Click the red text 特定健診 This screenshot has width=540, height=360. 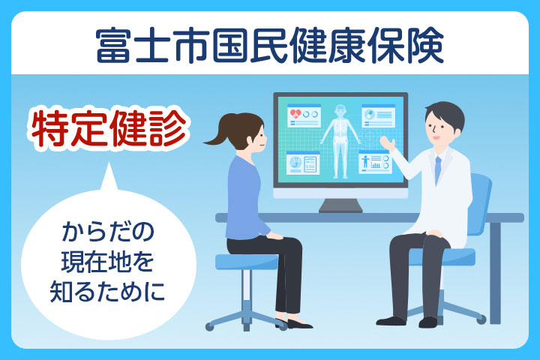[109, 128]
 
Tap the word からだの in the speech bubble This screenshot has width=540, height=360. [108, 232]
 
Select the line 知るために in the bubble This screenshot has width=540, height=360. [107, 292]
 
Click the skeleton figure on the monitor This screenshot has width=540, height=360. [340, 142]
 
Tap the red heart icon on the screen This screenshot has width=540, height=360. [295, 113]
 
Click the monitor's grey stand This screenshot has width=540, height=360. [340, 205]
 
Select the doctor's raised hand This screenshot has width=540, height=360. [388, 142]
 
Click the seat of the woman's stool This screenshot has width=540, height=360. [247, 262]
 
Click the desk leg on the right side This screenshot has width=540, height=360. [495, 273]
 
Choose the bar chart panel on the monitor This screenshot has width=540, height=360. [375, 162]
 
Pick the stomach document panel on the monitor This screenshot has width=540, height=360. [303, 163]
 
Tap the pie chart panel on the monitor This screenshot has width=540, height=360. [378, 115]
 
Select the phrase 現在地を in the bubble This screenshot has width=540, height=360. [107, 262]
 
